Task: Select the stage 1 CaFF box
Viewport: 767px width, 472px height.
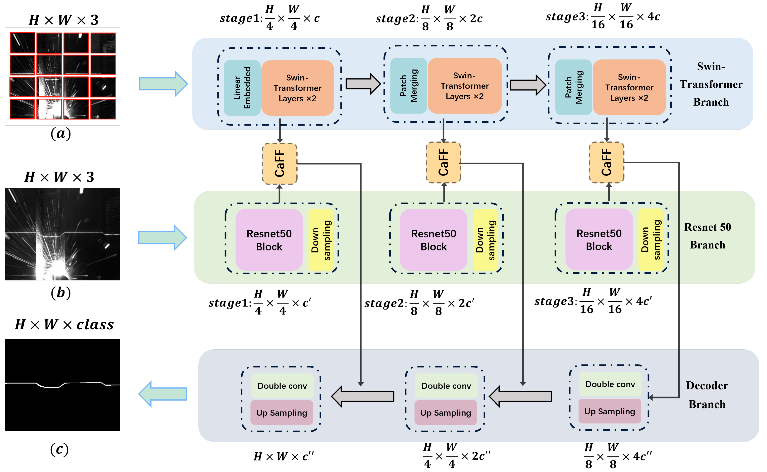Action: coord(279,164)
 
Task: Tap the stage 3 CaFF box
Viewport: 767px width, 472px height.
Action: coord(606,162)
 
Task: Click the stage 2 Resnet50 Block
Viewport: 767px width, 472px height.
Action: coord(434,240)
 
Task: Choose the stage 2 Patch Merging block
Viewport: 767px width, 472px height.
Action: coord(409,86)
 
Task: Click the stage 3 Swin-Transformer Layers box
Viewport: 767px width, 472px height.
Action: coord(629,87)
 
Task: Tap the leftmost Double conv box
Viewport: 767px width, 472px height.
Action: coord(282,386)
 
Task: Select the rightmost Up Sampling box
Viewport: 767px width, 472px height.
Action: coord(610,411)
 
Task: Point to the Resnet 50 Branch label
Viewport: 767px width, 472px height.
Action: coord(707,236)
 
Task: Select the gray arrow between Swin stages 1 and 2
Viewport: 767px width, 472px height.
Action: coord(362,84)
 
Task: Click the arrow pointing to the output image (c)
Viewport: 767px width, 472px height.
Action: coord(163,394)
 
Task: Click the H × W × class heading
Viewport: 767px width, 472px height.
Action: coord(64,325)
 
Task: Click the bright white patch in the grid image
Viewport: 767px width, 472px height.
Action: coord(49,109)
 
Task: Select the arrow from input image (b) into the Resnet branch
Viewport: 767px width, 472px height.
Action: coord(162,238)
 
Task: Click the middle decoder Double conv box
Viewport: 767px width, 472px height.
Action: coord(446,386)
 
